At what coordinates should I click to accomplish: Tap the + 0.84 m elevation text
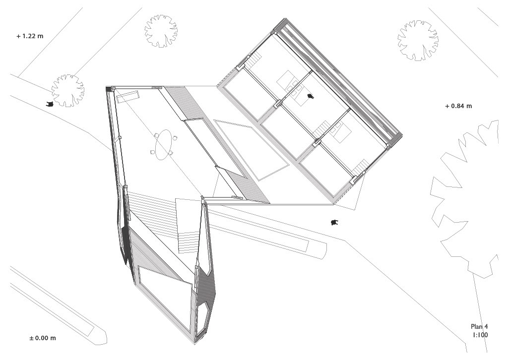click(x=458, y=106)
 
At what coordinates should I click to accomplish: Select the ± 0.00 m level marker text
click(x=43, y=338)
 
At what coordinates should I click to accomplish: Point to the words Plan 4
click(x=479, y=326)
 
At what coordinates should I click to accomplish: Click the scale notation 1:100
click(x=480, y=335)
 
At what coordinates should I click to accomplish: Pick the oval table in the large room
click(x=164, y=145)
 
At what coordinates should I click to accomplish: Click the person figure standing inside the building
click(x=311, y=96)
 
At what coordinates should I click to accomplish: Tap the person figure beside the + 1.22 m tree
click(x=49, y=104)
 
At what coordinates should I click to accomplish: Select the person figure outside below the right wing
click(x=334, y=223)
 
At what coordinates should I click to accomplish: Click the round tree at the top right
click(x=418, y=40)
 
